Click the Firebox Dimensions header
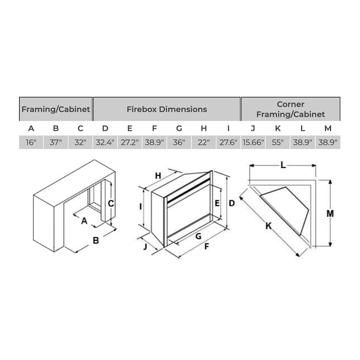[167, 109]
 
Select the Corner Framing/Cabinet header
[291, 109]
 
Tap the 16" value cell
[31, 142]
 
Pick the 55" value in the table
[278, 142]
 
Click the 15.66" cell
[253, 142]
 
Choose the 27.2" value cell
[130, 142]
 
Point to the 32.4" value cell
[105, 142]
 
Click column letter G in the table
[179, 129]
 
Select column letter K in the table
[278, 129]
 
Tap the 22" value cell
[204, 142]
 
